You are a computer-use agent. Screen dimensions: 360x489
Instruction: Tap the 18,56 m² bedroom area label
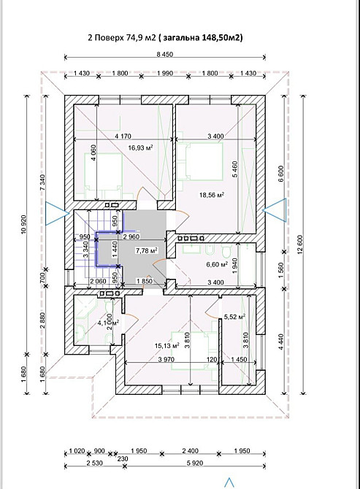[x=212, y=195]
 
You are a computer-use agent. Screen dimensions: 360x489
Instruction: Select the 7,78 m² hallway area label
[x=146, y=250]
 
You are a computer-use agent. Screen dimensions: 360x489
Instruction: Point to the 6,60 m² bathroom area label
[x=217, y=265]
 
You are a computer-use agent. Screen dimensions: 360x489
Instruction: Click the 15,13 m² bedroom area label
[x=167, y=345]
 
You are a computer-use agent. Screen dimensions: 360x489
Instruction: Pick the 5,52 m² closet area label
[x=234, y=317]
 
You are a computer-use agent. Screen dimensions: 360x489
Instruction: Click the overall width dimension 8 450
[x=165, y=54]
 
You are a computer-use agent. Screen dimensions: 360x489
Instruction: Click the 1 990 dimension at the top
[x=165, y=73]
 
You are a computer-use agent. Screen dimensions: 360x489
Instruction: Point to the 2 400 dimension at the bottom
[x=191, y=451]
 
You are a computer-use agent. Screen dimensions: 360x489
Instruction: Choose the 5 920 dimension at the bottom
[x=195, y=463]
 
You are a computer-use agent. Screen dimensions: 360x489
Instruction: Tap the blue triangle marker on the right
[x=275, y=210]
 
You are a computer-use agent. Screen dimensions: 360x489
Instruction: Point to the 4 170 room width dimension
[x=123, y=136]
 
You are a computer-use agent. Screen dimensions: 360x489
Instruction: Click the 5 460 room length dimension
[x=235, y=169]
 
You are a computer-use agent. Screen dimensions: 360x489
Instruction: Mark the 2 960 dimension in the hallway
[x=131, y=236]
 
